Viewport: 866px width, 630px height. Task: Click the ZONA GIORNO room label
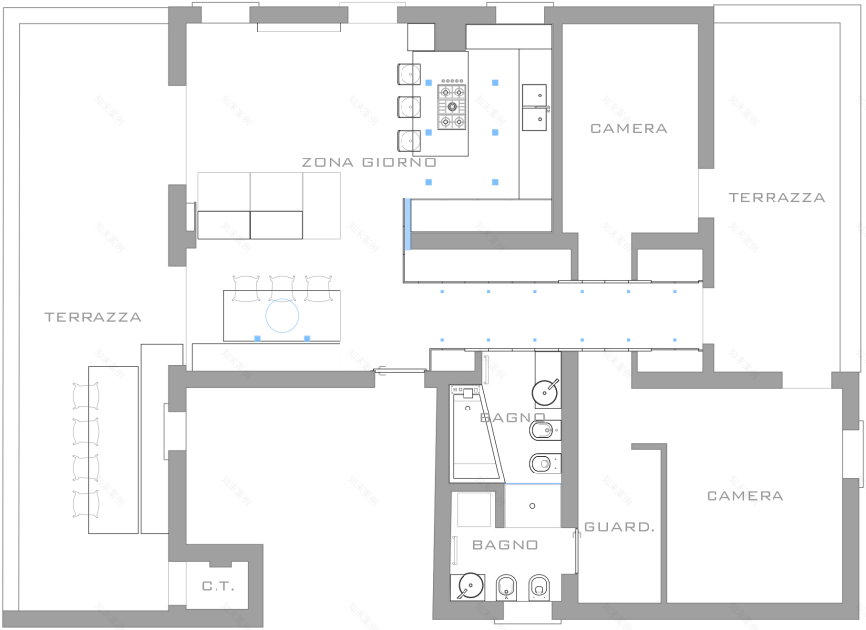pyautogui.click(x=369, y=162)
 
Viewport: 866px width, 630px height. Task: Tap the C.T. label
pyautogui.click(x=218, y=586)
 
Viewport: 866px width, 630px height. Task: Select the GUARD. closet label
pyautogui.click(x=620, y=527)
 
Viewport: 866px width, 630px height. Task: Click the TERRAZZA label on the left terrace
pyautogui.click(x=93, y=317)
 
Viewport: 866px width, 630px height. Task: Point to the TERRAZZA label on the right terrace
pyautogui.click(x=777, y=197)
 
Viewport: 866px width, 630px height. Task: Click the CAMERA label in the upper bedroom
pyautogui.click(x=629, y=129)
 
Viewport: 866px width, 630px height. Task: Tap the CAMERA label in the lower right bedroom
pyautogui.click(x=745, y=496)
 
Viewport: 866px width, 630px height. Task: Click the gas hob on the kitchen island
pyautogui.click(x=452, y=105)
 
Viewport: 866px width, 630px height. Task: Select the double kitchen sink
pyautogui.click(x=534, y=107)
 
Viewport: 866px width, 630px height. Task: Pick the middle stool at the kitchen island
pyautogui.click(x=408, y=107)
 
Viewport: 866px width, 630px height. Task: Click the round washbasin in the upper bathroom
pyautogui.click(x=545, y=392)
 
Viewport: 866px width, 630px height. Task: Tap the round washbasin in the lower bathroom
pyautogui.click(x=470, y=586)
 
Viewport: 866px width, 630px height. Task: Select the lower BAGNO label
pyautogui.click(x=506, y=545)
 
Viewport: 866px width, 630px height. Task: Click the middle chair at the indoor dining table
pyautogui.click(x=282, y=287)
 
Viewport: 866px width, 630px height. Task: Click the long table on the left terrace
pyautogui.click(x=112, y=449)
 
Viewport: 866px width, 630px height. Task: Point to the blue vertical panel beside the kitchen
pyautogui.click(x=408, y=224)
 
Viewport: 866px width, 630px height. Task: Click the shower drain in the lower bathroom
pyautogui.click(x=532, y=506)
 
